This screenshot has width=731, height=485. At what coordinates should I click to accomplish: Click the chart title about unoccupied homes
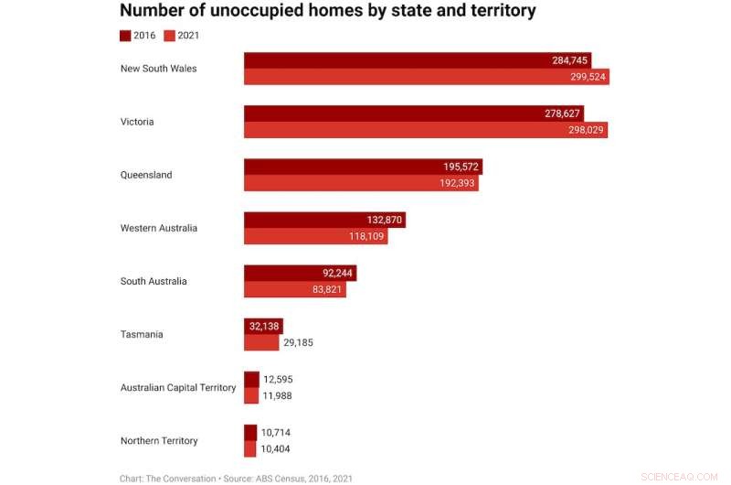pos(327,12)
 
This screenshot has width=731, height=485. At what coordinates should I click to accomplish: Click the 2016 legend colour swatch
pos(125,36)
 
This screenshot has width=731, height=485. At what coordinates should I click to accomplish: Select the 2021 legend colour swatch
pos(169,36)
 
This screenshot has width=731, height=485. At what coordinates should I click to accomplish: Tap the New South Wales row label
pos(158,69)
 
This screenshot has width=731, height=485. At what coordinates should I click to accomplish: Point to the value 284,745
pos(571,60)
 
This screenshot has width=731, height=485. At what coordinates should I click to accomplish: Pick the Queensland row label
pos(146,175)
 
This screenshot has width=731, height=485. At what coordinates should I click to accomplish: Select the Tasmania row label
pos(142,334)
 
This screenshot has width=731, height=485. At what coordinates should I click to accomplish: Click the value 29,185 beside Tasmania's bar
pos(298,343)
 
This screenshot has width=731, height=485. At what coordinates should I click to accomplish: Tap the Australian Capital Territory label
pos(178,387)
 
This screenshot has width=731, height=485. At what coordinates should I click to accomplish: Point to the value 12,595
pos(278,379)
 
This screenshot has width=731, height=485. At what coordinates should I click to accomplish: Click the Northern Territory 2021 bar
pos(250,448)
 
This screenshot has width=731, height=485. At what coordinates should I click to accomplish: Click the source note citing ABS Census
pos(236,478)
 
